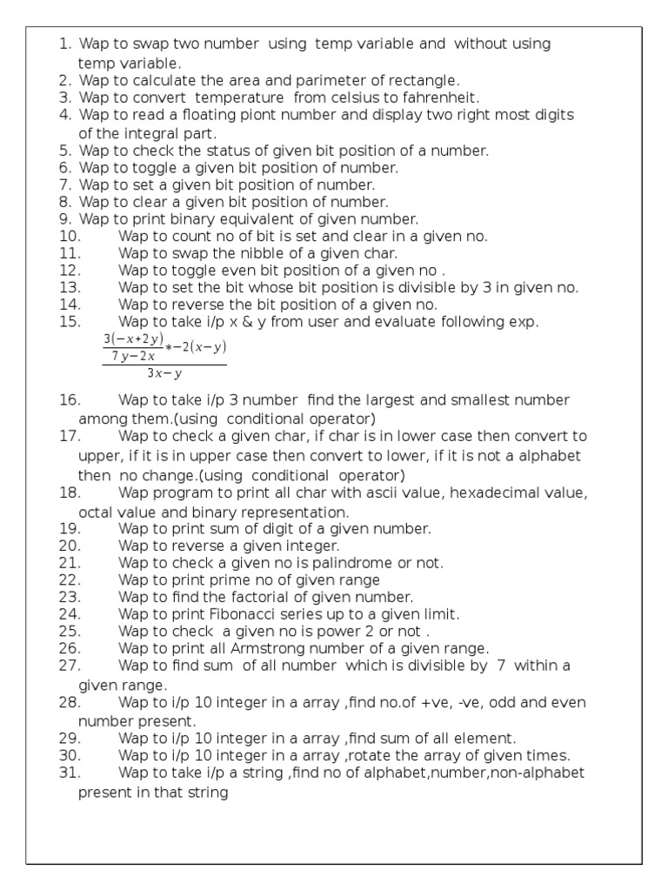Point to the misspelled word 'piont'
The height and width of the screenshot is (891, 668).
point(258,115)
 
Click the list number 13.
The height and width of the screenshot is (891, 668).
point(70,287)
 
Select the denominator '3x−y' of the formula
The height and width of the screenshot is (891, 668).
point(164,374)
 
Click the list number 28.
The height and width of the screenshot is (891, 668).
point(70,702)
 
